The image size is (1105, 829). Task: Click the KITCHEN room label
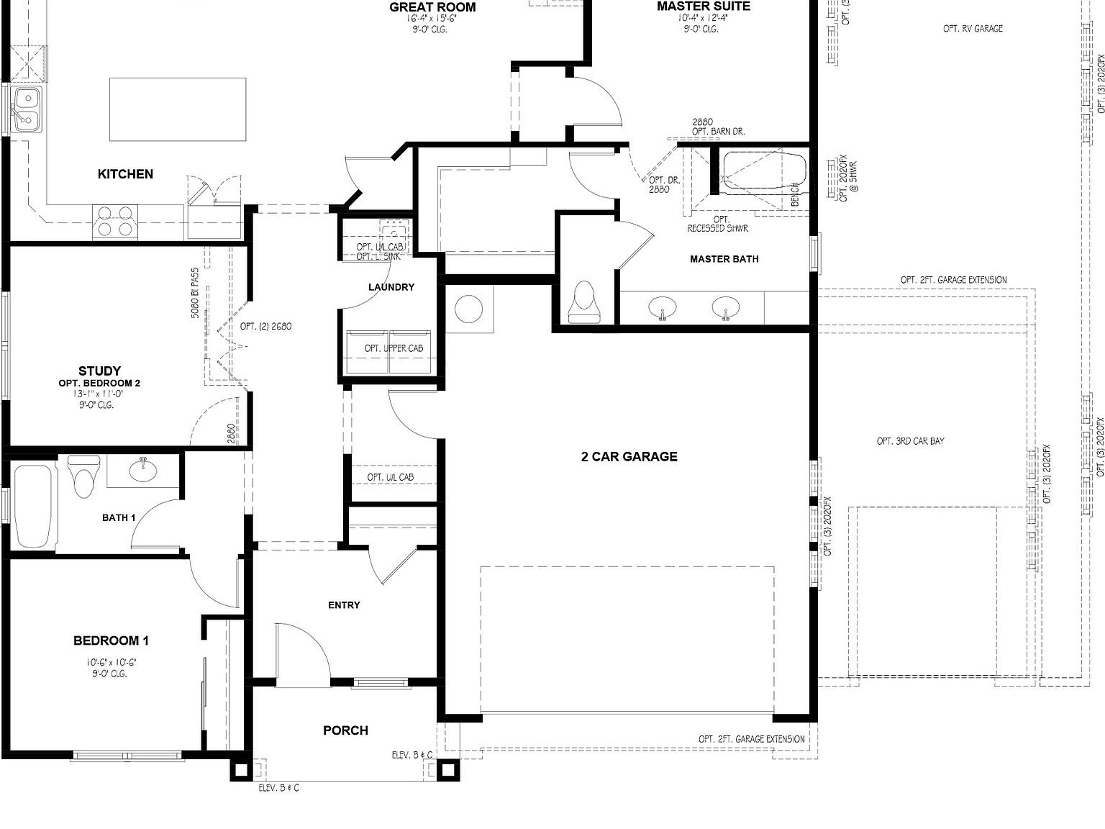[x=125, y=173]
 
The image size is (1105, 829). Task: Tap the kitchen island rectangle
[x=177, y=109]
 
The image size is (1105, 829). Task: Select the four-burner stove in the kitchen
[x=116, y=221]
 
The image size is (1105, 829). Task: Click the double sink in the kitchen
[x=26, y=109]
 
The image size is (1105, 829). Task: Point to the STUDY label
[x=99, y=371]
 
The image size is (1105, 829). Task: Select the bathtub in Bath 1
[x=33, y=506]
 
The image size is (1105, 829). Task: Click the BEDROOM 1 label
[x=111, y=640]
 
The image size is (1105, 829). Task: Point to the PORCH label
[x=345, y=730]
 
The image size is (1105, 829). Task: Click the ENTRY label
[x=344, y=605]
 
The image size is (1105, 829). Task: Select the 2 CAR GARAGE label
[x=629, y=456]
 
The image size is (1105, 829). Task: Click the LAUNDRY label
[x=391, y=287]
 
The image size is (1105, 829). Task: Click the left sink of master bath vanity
[x=662, y=309]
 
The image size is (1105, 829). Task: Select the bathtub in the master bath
[x=762, y=171]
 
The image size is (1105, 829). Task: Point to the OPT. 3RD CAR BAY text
[x=910, y=441]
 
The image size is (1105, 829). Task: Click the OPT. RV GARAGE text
[x=973, y=29]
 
